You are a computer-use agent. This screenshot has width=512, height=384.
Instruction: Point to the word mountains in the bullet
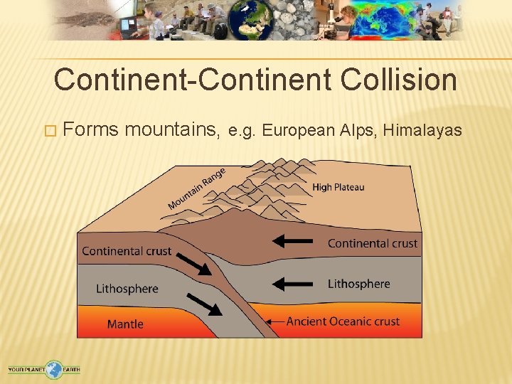click(x=171, y=130)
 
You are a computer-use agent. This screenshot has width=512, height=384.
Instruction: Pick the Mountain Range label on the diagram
click(x=197, y=188)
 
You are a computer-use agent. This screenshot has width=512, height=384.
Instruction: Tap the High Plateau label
click(x=338, y=187)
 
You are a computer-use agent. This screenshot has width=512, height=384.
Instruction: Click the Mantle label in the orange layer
click(x=125, y=324)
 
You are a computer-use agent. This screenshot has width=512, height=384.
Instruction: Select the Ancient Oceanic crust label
click(x=343, y=321)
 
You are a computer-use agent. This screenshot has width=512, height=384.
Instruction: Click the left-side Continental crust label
click(x=127, y=251)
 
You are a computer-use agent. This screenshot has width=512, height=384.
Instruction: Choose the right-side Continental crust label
click(x=372, y=244)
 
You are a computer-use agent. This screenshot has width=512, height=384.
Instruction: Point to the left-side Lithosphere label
click(x=127, y=289)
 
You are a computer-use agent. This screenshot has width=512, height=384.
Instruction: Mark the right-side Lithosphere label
click(x=358, y=284)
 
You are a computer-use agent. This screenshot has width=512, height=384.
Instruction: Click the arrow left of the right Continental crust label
click(x=293, y=241)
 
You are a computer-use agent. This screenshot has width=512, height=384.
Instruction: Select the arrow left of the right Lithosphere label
click(x=293, y=284)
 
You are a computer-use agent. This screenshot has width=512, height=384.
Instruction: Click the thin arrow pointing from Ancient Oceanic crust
click(x=274, y=322)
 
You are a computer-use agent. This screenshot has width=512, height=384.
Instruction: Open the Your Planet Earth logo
click(x=44, y=369)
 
